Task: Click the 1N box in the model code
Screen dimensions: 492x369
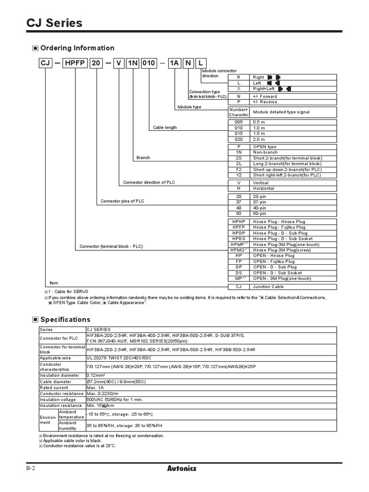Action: pos(132,64)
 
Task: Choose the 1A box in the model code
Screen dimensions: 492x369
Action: pos(173,64)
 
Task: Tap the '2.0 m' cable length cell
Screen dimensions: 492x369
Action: pos(260,139)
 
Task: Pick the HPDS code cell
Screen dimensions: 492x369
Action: pos(238,239)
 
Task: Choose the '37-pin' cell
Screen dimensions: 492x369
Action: pos(260,202)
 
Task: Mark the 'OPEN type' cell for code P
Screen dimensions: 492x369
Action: pos(264,147)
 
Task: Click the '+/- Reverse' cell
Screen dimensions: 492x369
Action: pos(265,102)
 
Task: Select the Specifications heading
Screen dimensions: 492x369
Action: pos(65,320)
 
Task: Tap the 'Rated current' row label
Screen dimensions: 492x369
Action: pos(54,388)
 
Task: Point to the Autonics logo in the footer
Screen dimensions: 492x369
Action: pos(182,468)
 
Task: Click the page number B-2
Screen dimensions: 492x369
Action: pos(31,468)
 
